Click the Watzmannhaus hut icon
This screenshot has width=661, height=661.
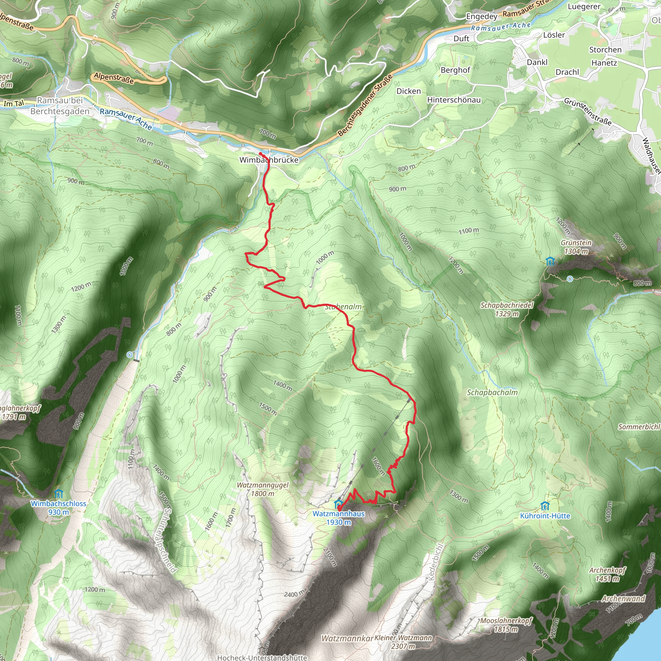coord(338,504)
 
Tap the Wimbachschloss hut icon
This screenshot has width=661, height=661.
coord(58,494)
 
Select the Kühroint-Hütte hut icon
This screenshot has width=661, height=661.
coord(545,506)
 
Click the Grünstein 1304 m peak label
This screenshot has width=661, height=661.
coord(576,247)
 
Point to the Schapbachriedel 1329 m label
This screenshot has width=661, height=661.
coord(507,309)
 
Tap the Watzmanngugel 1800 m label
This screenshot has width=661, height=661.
coord(262,489)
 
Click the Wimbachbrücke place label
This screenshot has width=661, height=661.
coord(269,160)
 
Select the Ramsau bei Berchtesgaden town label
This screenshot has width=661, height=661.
coord(60,106)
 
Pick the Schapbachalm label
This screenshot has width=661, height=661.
coord(492,393)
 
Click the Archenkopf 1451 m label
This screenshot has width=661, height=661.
coord(607,575)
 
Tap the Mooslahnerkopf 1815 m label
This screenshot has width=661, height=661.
coord(506,625)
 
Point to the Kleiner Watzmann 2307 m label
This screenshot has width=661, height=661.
coord(403,642)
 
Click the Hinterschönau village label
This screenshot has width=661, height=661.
coord(454,100)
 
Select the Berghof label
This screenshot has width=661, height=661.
coord(455,70)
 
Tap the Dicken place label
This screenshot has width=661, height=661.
coord(409,91)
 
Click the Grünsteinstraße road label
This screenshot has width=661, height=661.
coord(587,112)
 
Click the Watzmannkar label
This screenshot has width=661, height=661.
coord(347,638)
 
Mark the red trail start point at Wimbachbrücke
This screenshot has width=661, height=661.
coord(261,154)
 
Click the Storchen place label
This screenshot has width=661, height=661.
coord(605,50)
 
